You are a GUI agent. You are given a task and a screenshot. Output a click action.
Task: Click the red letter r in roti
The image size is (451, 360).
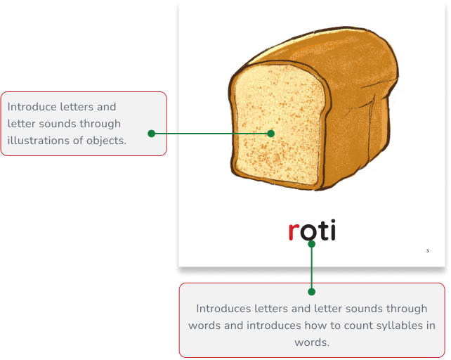(x=294, y=231)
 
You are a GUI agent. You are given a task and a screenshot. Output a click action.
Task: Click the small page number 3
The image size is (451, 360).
(x=427, y=251)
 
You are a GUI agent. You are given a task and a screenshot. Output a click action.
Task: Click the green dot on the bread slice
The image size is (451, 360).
(x=270, y=133)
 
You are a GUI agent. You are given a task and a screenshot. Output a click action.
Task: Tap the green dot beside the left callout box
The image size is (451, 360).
(x=151, y=133)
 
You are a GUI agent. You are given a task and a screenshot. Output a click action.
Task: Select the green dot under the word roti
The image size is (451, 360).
(x=312, y=244)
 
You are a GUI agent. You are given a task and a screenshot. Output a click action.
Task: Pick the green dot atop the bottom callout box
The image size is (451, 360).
(x=312, y=291)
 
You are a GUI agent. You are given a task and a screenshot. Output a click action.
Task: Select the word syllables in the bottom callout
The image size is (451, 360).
(x=381, y=326)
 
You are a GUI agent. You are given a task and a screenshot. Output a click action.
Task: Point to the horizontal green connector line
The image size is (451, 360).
(x=211, y=133)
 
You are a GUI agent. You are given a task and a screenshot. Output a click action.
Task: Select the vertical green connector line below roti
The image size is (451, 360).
(x=312, y=267)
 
